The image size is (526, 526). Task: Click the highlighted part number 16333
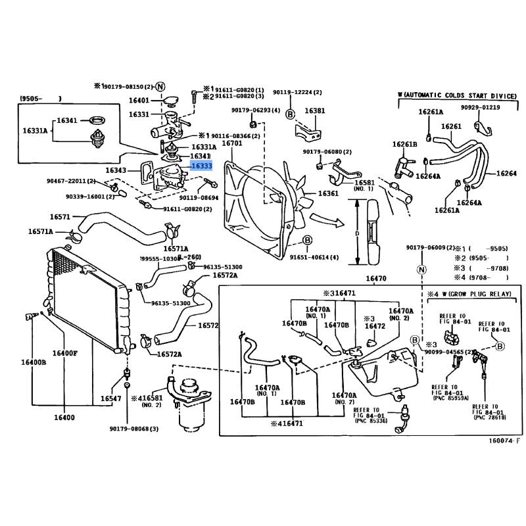coord(202,167)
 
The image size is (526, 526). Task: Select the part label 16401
coord(139,101)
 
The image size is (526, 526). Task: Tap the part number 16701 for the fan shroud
coord(232,143)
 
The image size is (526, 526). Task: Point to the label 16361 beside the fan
coord(328,194)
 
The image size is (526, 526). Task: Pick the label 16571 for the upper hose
coord(60,216)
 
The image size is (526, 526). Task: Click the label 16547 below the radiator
coord(110,399)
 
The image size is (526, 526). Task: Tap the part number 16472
coord(375,326)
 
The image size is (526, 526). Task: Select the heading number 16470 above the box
coord(375,279)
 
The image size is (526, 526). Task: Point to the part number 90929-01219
coord(480,107)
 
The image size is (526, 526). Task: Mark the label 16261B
coord(405,145)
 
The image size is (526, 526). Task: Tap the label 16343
coord(116,170)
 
